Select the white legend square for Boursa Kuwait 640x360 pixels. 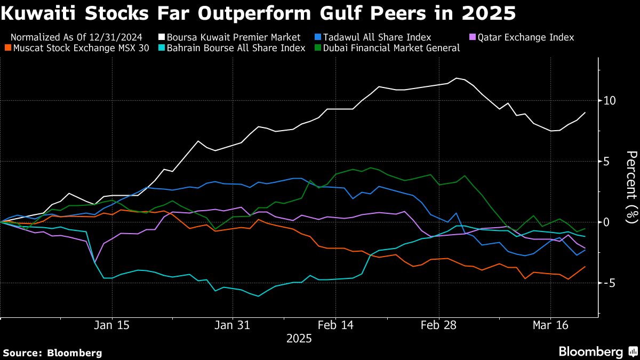pyautogui.click(x=161, y=37)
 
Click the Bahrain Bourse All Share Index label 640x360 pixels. pyautogui.click(x=236, y=48)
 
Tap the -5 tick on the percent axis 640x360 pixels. pyautogui.click(x=609, y=283)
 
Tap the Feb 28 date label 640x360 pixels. pyautogui.click(x=439, y=325)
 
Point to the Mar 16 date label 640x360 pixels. pyautogui.click(x=550, y=325)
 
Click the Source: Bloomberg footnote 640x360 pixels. pyautogui.click(x=52, y=353)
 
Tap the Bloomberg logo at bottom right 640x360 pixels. pyautogui.click(x=597, y=352)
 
